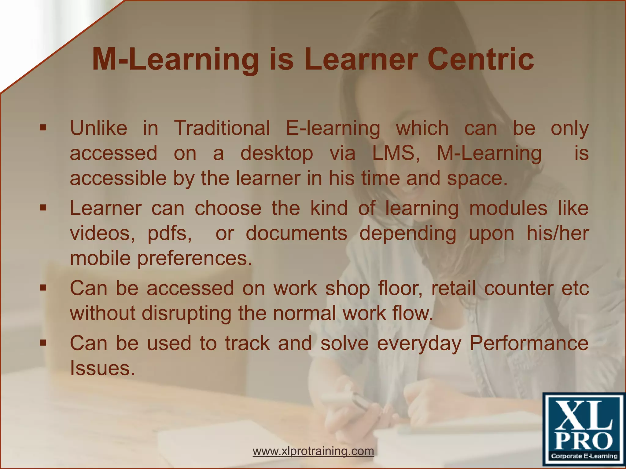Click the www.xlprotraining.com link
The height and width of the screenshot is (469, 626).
tap(313, 451)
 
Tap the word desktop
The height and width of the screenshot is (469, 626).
tap(277, 154)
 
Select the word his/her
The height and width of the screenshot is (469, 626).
tap(558, 233)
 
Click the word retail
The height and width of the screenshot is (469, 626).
tap(453, 288)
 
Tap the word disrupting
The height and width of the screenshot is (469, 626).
tap(186, 314)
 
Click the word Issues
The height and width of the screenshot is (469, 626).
tap(102, 368)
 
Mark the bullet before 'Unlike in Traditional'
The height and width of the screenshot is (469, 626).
tap(43, 128)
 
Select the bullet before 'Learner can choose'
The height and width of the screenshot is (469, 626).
tap(43, 208)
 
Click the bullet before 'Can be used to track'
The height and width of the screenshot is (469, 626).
tap(43, 343)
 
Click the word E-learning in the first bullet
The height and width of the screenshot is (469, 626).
tap(333, 128)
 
